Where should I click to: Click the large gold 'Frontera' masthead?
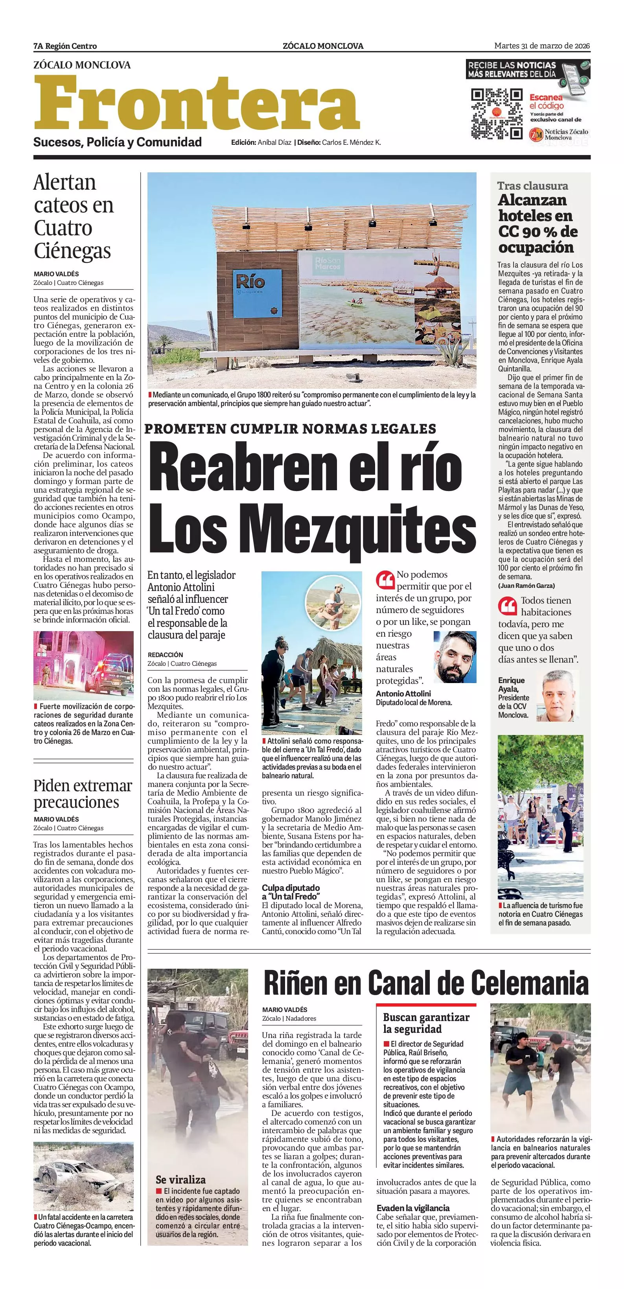(197, 103)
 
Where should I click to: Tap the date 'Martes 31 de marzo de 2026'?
(542, 46)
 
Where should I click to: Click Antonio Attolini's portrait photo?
(455, 657)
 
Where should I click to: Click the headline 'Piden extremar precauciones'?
(83, 794)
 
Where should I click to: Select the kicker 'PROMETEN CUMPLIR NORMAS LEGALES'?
(290, 429)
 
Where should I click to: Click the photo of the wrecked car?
(83, 1184)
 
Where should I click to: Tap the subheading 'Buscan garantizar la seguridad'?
(426, 1023)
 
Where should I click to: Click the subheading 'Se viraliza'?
(180, 1179)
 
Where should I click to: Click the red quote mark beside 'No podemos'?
(385, 580)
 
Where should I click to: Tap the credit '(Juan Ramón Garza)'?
(526, 585)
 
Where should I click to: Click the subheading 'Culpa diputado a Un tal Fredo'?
(291, 891)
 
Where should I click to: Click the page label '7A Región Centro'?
(65, 46)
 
